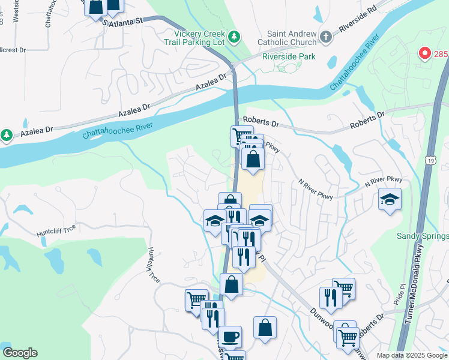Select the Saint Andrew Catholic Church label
(x=287, y=38)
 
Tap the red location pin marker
(x=425, y=53)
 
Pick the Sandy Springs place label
(x=423, y=236)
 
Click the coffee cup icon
(x=230, y=336)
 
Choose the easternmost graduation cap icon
(x=390, y=199)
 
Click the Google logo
(x=20, y=353)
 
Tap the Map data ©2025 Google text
(x=412, y=355)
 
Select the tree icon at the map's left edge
(x=7, y=135)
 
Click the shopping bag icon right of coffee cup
(x=265, y=328)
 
